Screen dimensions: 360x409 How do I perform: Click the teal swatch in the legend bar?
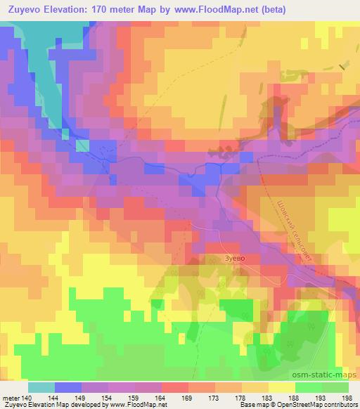[41, 387]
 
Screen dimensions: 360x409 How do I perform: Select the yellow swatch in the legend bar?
[281, 387]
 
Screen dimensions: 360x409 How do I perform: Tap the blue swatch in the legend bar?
[68, 387]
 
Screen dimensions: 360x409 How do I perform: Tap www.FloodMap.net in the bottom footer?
[136, 405]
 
